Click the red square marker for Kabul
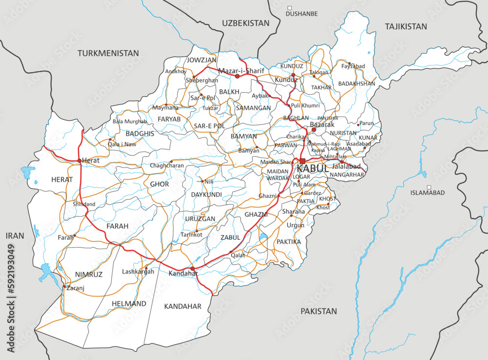click(x=303, y=161)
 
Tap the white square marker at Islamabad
click(x=429, y=187)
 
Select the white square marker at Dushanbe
click(x=289, y=8)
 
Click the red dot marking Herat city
click(x=79, y=160)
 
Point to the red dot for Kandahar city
click(x=193, y=268)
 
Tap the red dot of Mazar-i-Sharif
click(x=238, y=76)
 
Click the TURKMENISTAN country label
click(x=108, y=53)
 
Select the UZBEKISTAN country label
click(x=245, y=23)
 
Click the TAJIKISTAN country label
click(x=406, y=26)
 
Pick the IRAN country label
click(x=15, y=235)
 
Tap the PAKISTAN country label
click(x=319, y=311)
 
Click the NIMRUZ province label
click(x=89, y=275)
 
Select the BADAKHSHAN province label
click(x=356, y=84)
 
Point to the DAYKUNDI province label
click(x=206, y=194)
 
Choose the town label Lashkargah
click(x=138, y=272)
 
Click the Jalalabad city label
click(x=346, y=167)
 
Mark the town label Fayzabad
click(x=353, y=66)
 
